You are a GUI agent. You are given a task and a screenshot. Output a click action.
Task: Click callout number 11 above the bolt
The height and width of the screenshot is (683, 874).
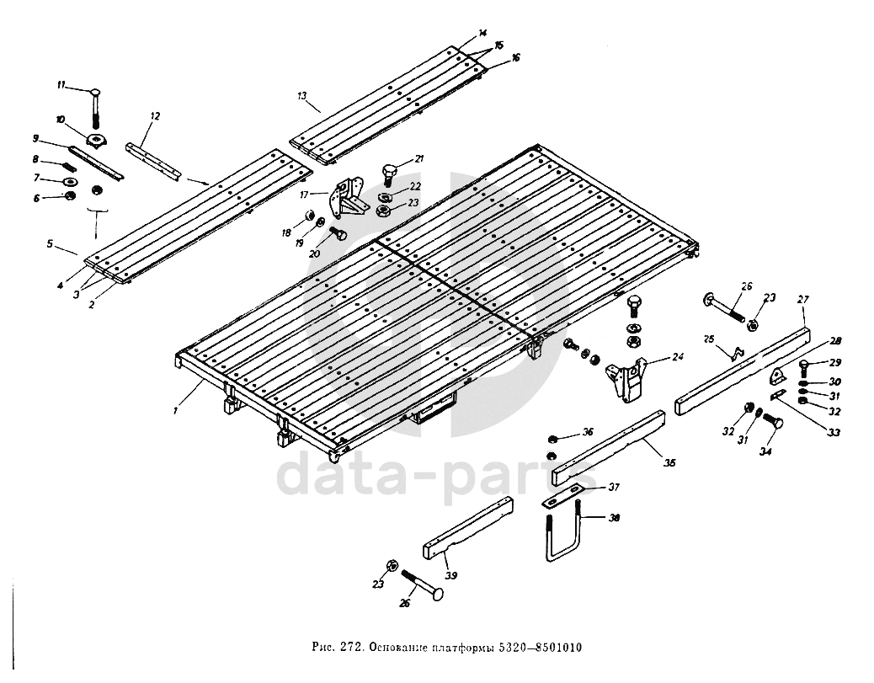click(61, 85)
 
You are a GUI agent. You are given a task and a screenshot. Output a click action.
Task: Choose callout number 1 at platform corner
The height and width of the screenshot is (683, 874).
click(176, 411)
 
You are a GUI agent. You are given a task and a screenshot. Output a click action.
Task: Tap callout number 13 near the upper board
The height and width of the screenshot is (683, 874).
click(301, 97)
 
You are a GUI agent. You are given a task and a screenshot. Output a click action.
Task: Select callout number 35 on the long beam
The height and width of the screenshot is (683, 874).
click(669, 462)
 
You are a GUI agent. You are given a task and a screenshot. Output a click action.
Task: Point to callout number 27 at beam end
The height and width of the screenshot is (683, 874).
click(802, 300)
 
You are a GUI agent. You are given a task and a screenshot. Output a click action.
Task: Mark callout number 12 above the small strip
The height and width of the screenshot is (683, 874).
click(154, 115)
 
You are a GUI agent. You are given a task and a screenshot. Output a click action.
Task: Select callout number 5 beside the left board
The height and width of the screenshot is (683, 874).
click(50, 244)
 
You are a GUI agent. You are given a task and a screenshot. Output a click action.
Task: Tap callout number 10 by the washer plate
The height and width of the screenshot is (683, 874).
click(60, 119)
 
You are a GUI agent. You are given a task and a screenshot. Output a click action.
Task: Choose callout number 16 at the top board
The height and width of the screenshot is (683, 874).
click(515, 58)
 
